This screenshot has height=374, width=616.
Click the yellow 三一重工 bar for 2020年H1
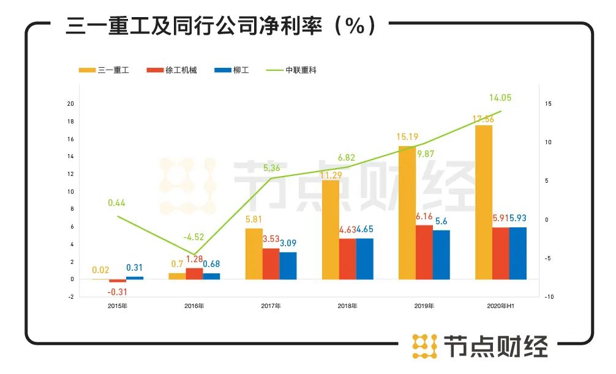(484, 202)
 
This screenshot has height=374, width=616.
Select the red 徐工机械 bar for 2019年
(424, 252)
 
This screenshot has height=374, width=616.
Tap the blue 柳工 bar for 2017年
(288, 266)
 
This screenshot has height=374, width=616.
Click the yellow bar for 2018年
(331, 230)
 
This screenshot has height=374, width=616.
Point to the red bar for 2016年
(194, 274)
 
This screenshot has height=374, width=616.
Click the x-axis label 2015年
(117, 306)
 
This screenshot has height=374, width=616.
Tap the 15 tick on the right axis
(548, 104)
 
